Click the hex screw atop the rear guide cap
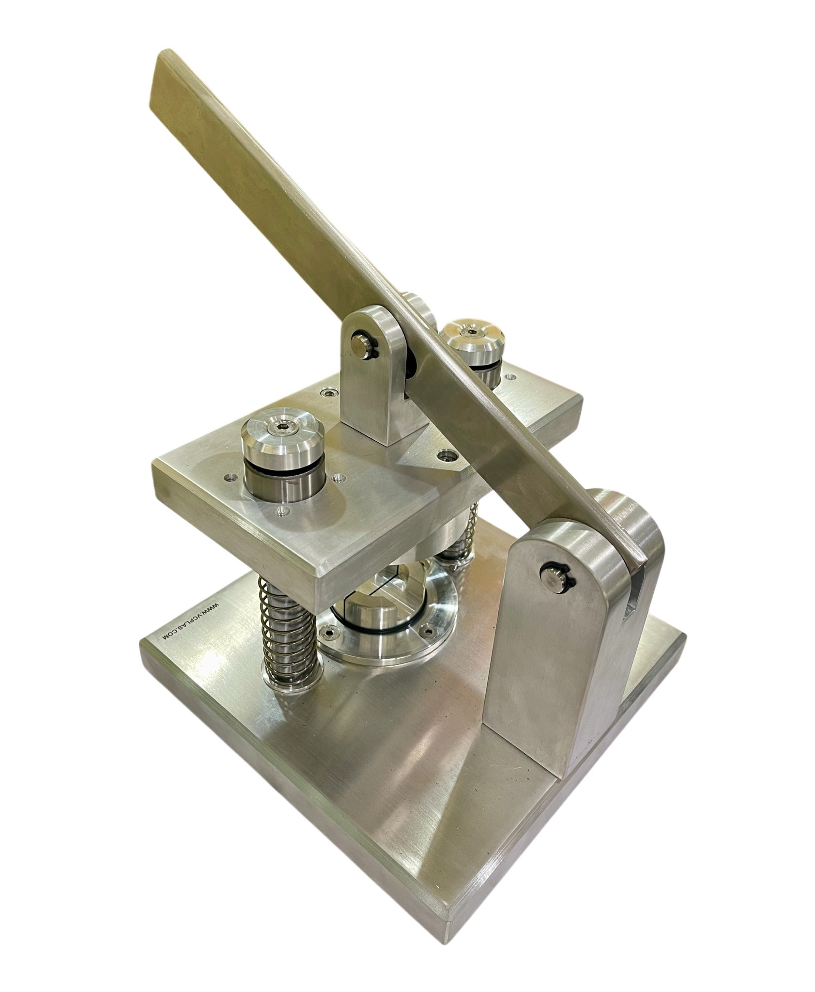click(x=470, y=331)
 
